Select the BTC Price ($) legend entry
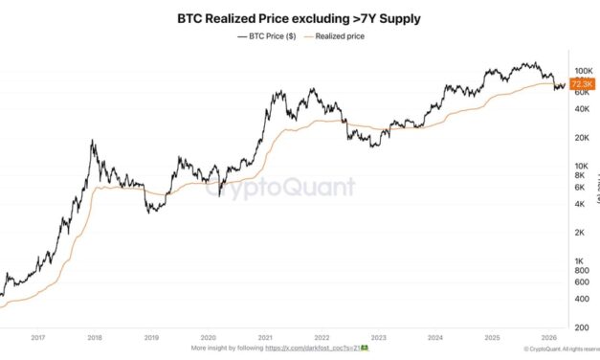(267, 36)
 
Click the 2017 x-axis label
(38, 337)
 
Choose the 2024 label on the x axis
(435, 337)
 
